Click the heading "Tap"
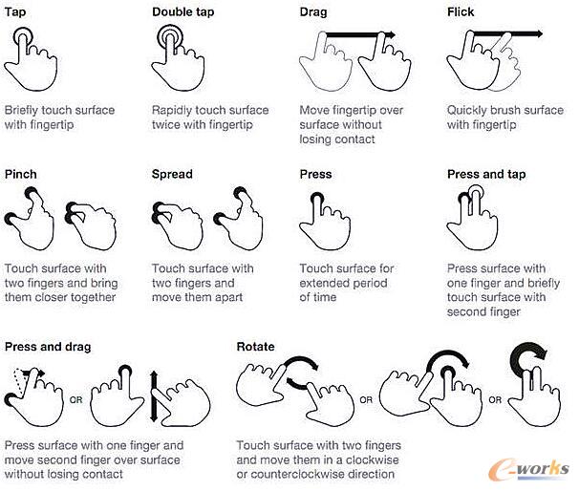pyautogui.click(x=15, y=11)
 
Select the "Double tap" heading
pyautogui.click(x=183, y=11)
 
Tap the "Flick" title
pyautogui.click(x=461, y=11)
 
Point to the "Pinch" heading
pyautogui.click(x=21, y=174)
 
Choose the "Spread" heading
pyautogui.click(x=172, y=174)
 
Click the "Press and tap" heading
pyautogui.click(x=486, y=174)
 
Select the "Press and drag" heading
pyautogui.click(x=48, y=347)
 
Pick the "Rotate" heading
pyautogui.click(x=255, y=347)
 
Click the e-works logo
pyautogui.click(x=528, y=469)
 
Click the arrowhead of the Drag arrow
pyautogui.click(x=391, y=35)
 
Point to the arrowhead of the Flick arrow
pyautogui.click(x=539, y=34)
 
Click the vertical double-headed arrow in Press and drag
pyautogui.click(x=154, y=396)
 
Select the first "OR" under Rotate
pyautogui.click(x=366, y=400)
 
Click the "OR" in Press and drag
pyautogui.click(x=76, y=400)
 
